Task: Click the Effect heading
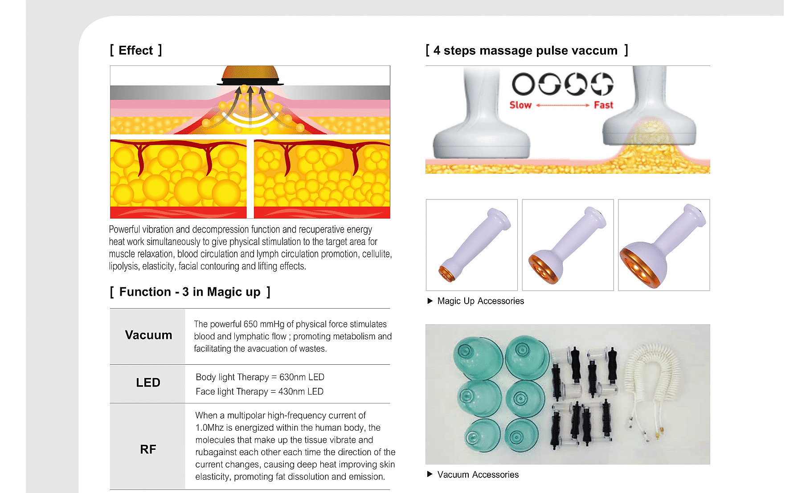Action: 136,50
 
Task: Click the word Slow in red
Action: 520,105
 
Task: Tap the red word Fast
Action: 604,105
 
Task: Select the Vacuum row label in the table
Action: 148,335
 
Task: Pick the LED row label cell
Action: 148,383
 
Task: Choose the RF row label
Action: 148,449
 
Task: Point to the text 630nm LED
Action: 302,377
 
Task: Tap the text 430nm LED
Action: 301,391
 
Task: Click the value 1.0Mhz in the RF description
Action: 209,428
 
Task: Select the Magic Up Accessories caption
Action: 480,301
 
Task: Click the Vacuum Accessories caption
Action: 478,475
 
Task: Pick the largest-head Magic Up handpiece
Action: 663,247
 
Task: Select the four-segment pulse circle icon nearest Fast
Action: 602,84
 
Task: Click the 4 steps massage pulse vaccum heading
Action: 527,50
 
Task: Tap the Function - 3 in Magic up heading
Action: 190,292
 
